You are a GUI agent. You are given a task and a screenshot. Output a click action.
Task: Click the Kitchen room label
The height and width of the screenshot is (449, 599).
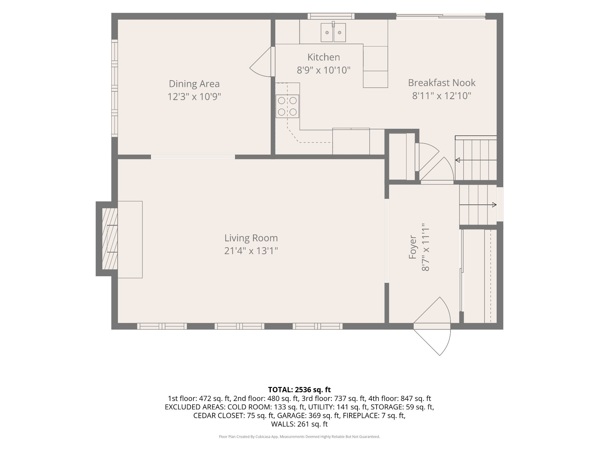tap(324, 57)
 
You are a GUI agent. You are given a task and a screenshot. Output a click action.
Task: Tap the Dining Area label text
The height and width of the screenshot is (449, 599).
tap(194, 84)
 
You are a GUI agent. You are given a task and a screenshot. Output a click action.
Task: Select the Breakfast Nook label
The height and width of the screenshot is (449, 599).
tap(442, 83)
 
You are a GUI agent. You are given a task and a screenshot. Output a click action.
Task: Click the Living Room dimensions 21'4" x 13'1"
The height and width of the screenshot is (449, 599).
tap(251, 251)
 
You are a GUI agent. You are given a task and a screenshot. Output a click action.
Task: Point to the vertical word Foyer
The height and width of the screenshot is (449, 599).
tap(413, 247)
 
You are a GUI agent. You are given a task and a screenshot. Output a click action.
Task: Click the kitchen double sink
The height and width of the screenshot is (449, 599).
tap(334, 32)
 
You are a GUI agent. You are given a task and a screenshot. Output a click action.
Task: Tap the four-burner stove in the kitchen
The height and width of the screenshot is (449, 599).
tap(287, 106)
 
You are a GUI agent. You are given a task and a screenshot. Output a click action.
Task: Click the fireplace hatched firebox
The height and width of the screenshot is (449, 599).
tap(110, 239)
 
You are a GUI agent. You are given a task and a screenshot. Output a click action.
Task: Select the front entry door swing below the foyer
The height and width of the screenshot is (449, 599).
tap(432, 326)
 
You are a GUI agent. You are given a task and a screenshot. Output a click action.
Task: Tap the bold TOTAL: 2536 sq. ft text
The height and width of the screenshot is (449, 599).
tap(299, 390)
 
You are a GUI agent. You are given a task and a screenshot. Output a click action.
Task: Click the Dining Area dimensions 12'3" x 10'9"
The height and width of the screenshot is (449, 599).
tap(194, 97)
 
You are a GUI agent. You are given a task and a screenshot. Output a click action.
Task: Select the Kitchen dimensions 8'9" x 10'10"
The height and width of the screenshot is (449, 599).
tap(324, 70)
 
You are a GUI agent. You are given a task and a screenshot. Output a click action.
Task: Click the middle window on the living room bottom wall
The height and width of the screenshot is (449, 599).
tap(239, 326)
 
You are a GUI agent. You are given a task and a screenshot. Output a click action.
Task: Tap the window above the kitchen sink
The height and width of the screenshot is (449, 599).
tap(331, 16)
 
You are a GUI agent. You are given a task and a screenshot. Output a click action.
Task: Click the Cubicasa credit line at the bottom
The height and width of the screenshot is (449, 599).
tap(299, 437)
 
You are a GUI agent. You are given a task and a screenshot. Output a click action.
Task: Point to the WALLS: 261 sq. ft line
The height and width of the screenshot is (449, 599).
tap(299, 424)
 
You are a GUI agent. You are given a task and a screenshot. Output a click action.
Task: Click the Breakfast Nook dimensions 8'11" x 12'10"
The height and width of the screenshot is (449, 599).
tap(442, 96)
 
